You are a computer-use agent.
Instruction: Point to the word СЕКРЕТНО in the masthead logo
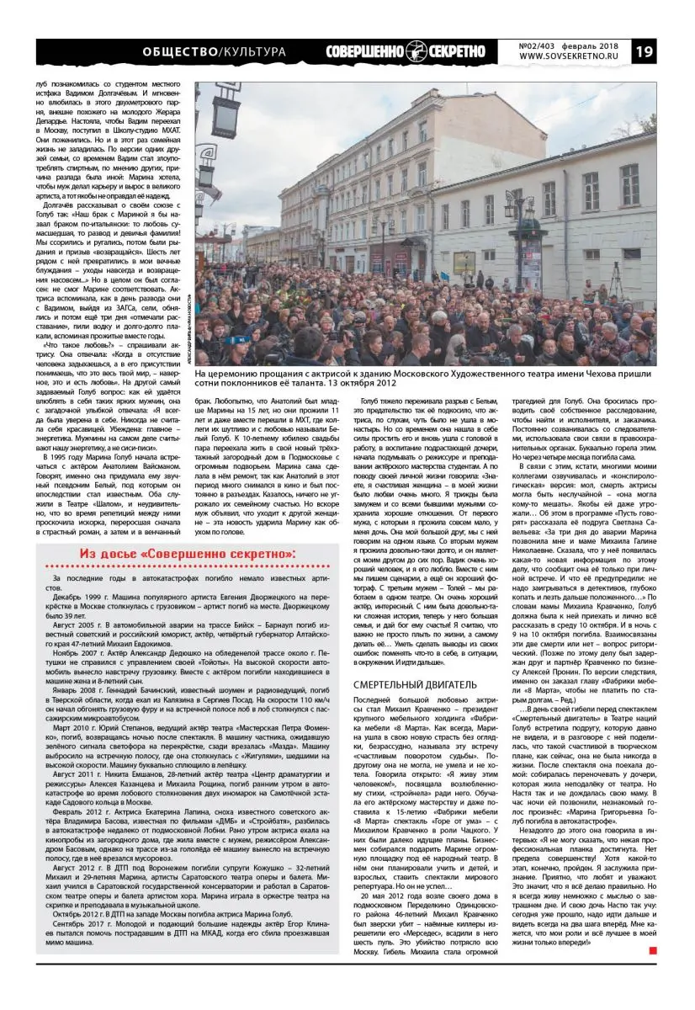(x=458, y=51)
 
